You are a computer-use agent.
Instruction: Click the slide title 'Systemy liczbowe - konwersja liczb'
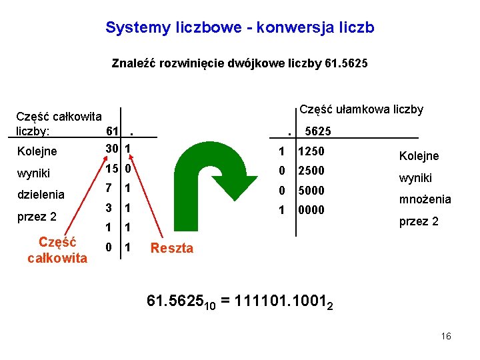click(240, 28)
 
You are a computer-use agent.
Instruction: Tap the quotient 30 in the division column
click(112, 147)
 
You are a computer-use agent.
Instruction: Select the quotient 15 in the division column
click(112, 169)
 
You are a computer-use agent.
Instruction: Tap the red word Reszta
click(172, 249)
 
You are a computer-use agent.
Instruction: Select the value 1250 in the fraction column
click(311, 153)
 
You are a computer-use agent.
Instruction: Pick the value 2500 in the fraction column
click(311, 171)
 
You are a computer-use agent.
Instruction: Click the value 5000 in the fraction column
click(311, 191)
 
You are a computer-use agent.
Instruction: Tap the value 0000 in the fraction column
click(311, 210)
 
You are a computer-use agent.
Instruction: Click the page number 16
click(446, 336)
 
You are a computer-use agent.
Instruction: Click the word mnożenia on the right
click(425, 199)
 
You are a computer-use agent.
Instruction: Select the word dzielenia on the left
click(41, 195)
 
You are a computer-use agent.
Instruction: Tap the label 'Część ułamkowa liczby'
click(361, 109)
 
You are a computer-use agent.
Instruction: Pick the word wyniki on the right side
click(416, 178)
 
